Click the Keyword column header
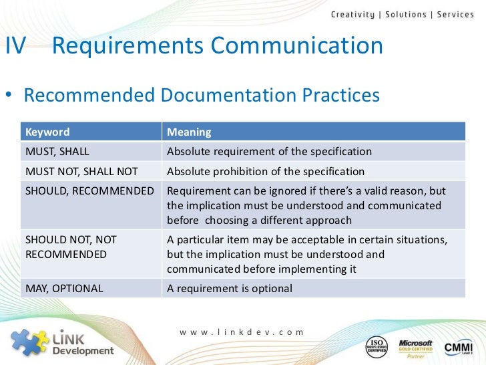click(x=47, y=132)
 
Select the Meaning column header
click(x=189, y=132)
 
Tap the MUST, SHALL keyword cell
click(x=57, y=152)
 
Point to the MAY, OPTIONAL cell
click(x=64, y=289)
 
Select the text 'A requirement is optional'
click(x=230, y=289)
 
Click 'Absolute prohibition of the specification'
click(x=266, y=171)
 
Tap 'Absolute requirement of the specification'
click(x=269, y=152)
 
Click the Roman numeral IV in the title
click(x=16, y=47)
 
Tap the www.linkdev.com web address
click(x=241, y=332)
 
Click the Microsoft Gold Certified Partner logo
click(x=416, y=346)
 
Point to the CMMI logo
click(x=459, y=346)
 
